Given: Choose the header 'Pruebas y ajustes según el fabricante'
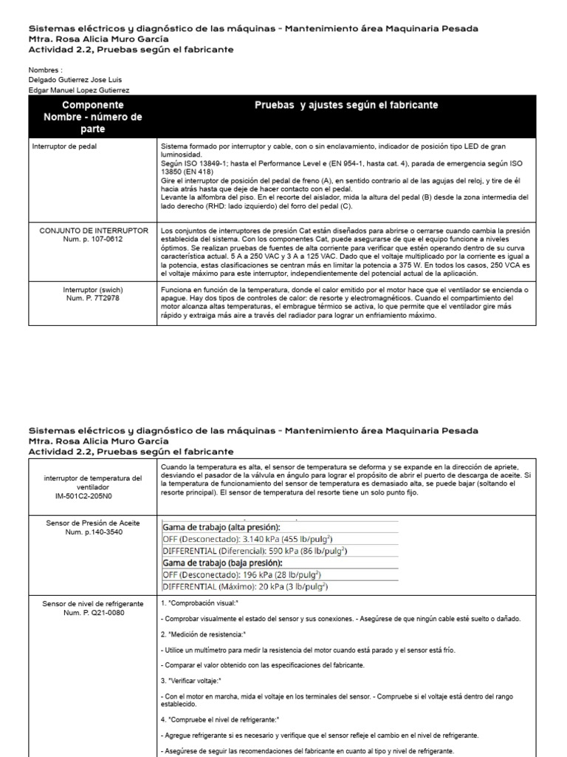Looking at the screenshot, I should tap(346, 106).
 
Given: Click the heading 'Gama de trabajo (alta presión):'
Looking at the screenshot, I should tap(221, 527).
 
